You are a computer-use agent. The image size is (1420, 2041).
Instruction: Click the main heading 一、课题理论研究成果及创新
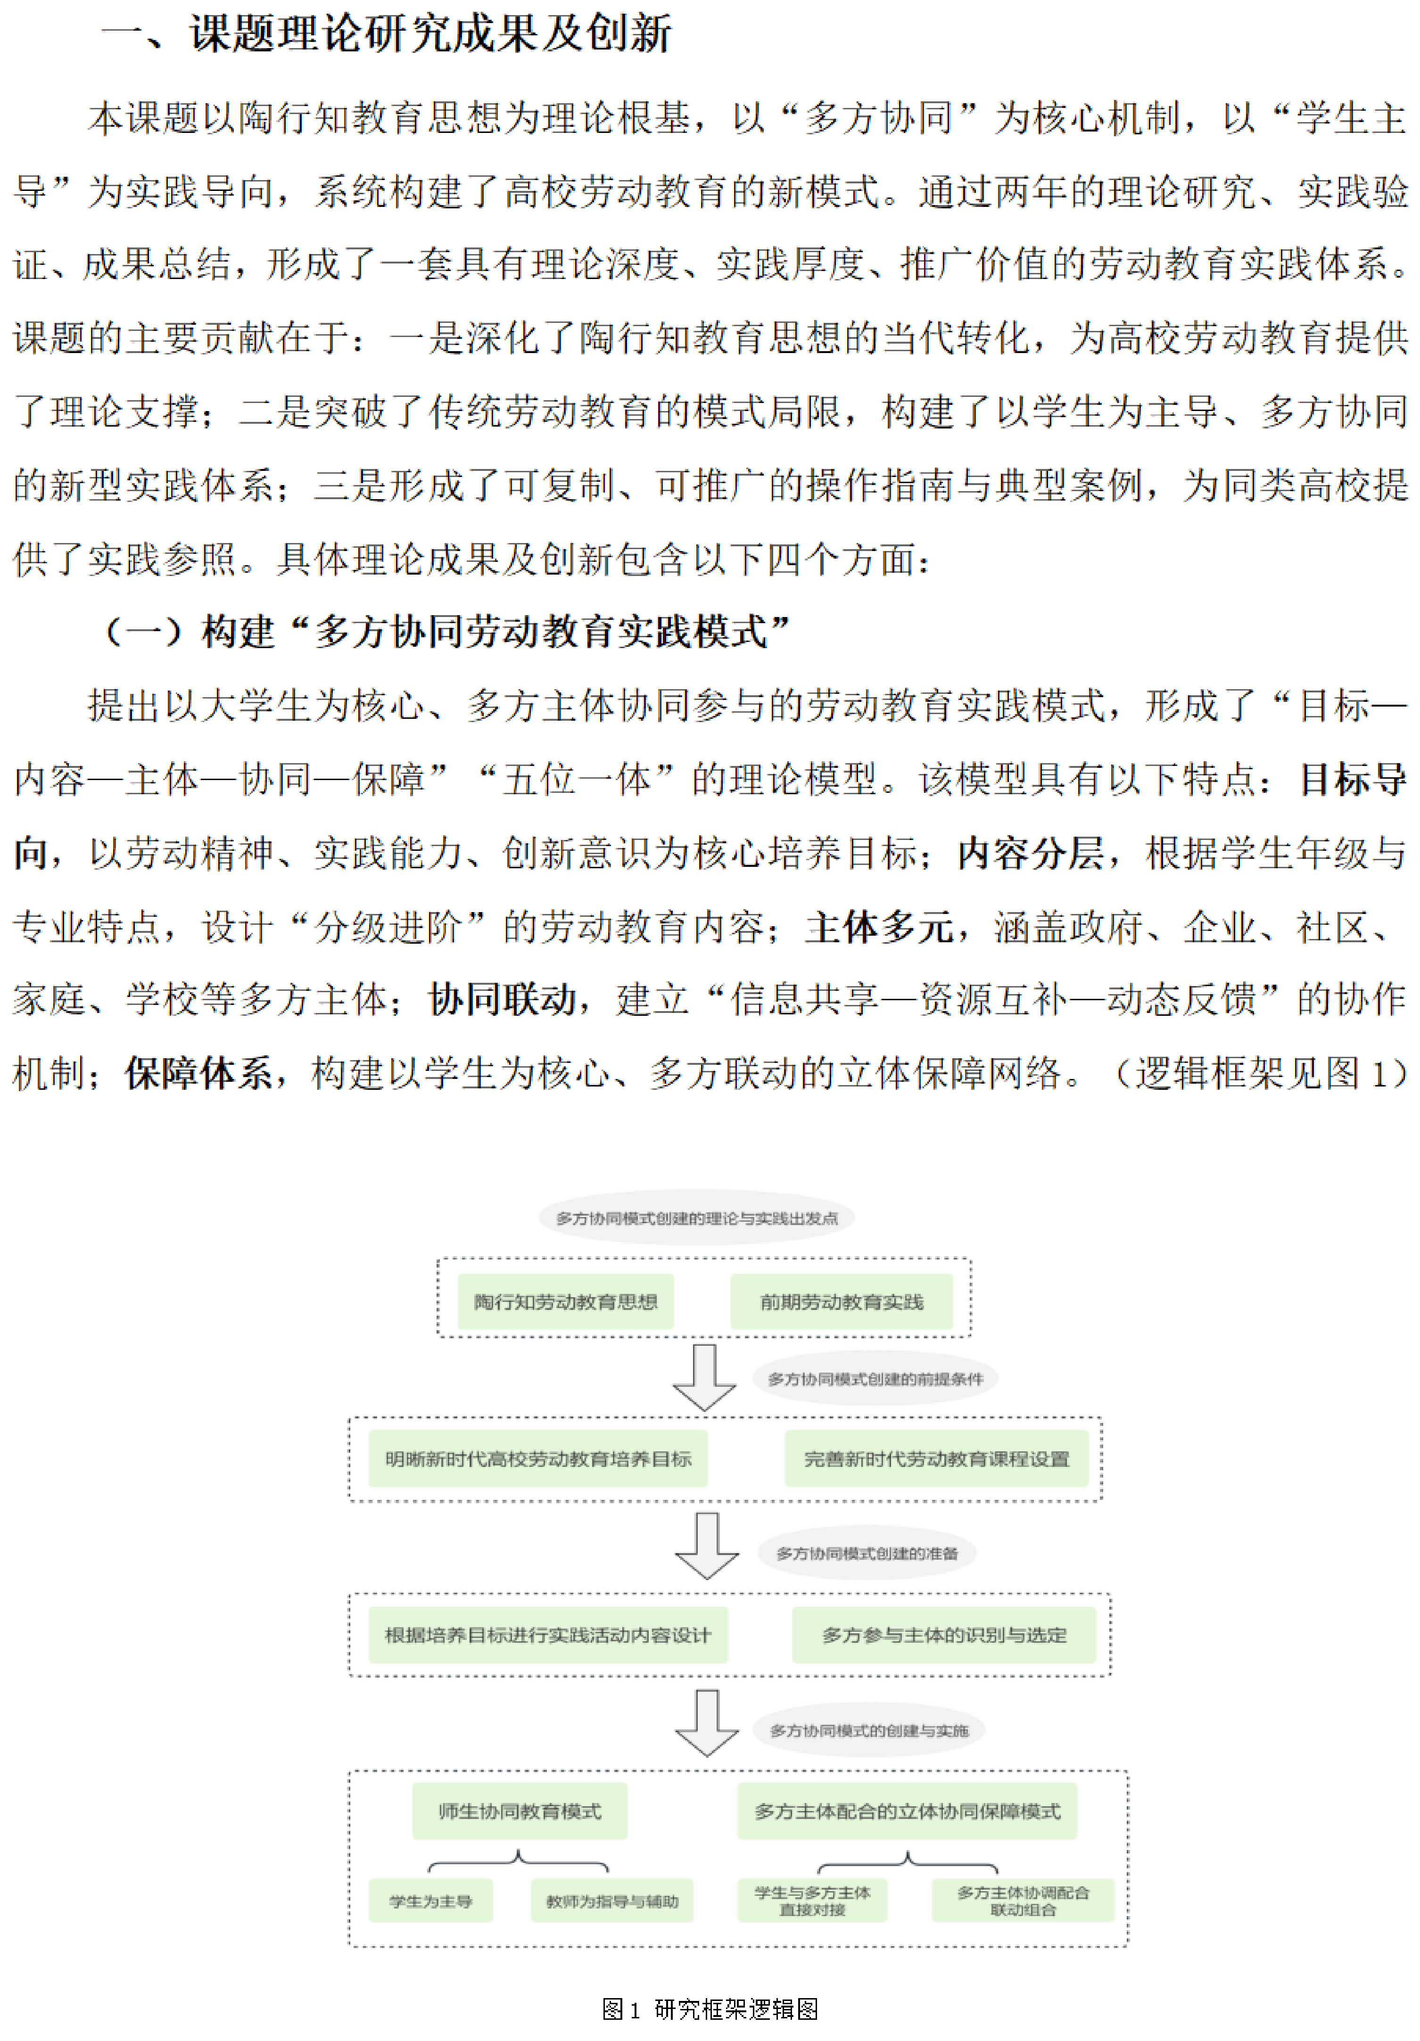tap(387, 34)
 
